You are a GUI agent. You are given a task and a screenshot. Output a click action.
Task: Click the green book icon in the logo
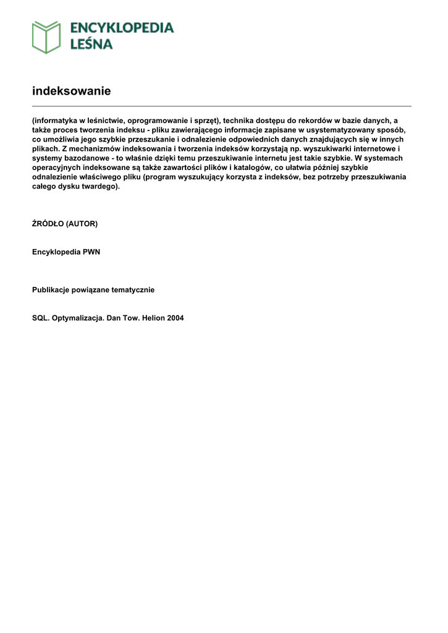(x=46, y=36)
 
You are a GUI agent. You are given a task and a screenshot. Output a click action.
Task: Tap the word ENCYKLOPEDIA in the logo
(x=122, y=28)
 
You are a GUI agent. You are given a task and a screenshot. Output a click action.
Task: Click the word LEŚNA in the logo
(x=91, y=44)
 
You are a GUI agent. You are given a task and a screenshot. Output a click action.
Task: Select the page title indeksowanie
(x=71, y=91)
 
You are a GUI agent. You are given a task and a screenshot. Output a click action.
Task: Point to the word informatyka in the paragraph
(x=56, y=121)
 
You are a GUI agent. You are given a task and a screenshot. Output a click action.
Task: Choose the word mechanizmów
(x=95, y=149)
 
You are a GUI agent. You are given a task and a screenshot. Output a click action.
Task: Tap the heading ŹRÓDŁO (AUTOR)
(x=64, y=224)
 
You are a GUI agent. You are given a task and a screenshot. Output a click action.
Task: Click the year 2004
(x=175, y=318)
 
